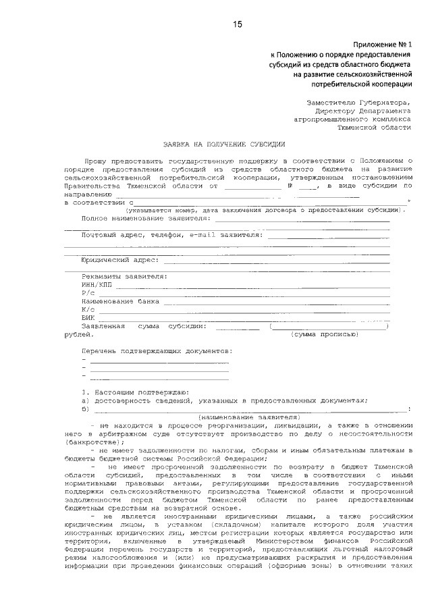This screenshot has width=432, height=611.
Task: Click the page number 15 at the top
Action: pos(237,25)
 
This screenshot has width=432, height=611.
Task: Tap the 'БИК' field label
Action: pos(88,317)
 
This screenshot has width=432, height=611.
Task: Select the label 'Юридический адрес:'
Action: pos(119,260)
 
